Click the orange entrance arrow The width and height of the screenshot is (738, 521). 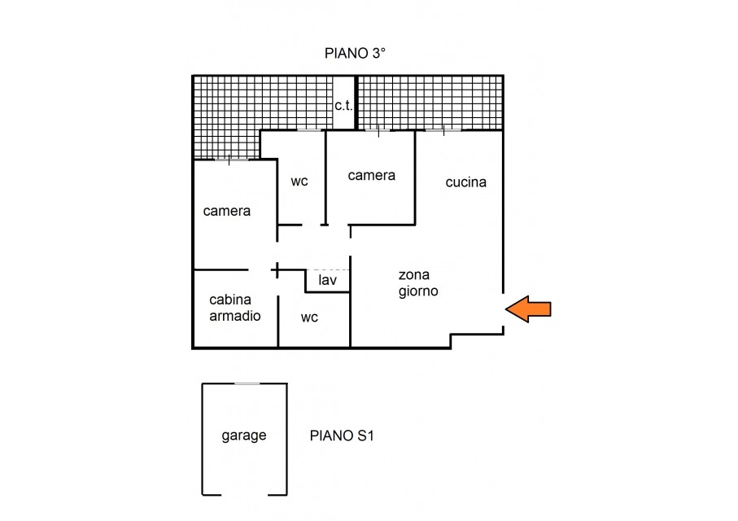[528, 309]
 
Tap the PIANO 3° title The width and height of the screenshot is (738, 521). [355, 53]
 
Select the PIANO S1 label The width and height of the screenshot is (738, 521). [342, 436]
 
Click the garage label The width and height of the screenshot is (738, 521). [244, 436]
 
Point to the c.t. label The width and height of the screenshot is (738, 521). [343, 106]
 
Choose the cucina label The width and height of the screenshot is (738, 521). [466, 182]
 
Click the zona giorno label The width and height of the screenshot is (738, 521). [418, 283]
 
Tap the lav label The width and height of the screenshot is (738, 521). [328, 280]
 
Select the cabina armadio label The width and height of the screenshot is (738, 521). [235, 308]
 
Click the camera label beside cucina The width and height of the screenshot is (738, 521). [371, 176]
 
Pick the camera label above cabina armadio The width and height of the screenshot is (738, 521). [226, 211]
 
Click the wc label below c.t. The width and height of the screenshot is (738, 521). [299, 182]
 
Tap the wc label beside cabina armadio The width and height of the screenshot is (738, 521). [309, 318]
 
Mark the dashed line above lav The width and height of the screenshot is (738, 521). [328, 270]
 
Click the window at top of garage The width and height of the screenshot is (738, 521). [247, 384]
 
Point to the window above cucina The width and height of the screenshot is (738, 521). [443, 130]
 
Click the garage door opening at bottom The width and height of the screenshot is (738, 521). [244, 495]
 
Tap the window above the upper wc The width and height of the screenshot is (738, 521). [308, 130]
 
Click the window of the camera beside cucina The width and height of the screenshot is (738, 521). [378, 130]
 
